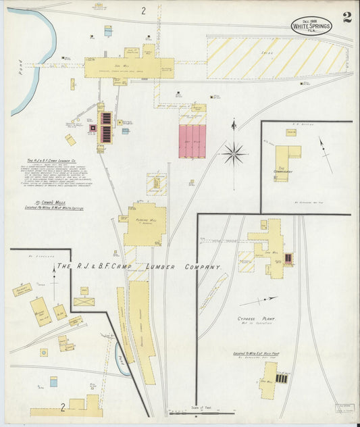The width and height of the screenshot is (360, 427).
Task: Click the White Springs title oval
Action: tap(311, 26)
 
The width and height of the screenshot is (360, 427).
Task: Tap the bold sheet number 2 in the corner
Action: tap(346, 18)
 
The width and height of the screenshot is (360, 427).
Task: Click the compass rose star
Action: tap(234, 153)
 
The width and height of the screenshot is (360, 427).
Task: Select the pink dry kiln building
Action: tap(192, 141)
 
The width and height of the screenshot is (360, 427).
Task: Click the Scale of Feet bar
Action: tap(200, 412)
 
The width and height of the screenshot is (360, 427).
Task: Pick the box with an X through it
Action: tap(84, 301)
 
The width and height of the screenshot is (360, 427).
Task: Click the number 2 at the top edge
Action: tap(143, 10)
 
